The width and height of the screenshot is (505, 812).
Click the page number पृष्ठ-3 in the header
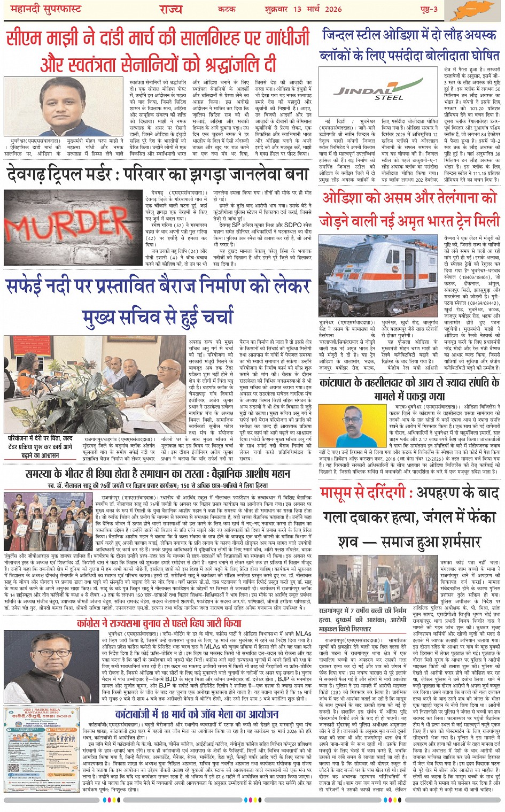pyautogui.click(x=427, y=9)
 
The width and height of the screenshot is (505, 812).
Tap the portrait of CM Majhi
pyautogui.click(x=59, y=106)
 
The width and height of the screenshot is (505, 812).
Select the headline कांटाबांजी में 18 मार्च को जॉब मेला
pyautogui.click(x=197, y=714)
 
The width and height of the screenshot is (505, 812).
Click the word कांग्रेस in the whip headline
pyautogui.click(x=95, y=623)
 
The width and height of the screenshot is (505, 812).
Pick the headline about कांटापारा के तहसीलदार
pyautogui.click(x=409, y=389)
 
